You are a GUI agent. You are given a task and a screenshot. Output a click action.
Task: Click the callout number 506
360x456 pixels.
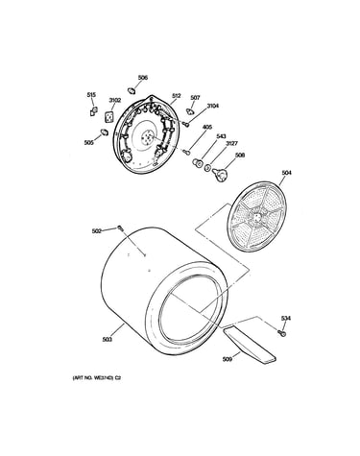(143, 78)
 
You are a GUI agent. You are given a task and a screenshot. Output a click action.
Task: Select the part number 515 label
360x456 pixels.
(91, 95)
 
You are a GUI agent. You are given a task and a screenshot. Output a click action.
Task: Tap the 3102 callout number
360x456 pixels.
(115, 100)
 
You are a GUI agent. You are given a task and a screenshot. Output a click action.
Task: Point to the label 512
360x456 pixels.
(177, 96)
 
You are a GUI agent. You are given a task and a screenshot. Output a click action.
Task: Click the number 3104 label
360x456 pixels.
(213, 106)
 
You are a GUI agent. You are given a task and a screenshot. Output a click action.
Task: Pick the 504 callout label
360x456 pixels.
(286, 173)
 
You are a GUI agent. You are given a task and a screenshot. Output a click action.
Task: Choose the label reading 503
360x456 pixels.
(108, 340)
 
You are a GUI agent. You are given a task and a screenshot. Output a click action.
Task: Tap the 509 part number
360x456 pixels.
(228, 359)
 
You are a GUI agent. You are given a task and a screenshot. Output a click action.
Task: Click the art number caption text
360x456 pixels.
(97, 378)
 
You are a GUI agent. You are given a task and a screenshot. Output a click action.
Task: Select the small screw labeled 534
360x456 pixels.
(282, 333)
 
